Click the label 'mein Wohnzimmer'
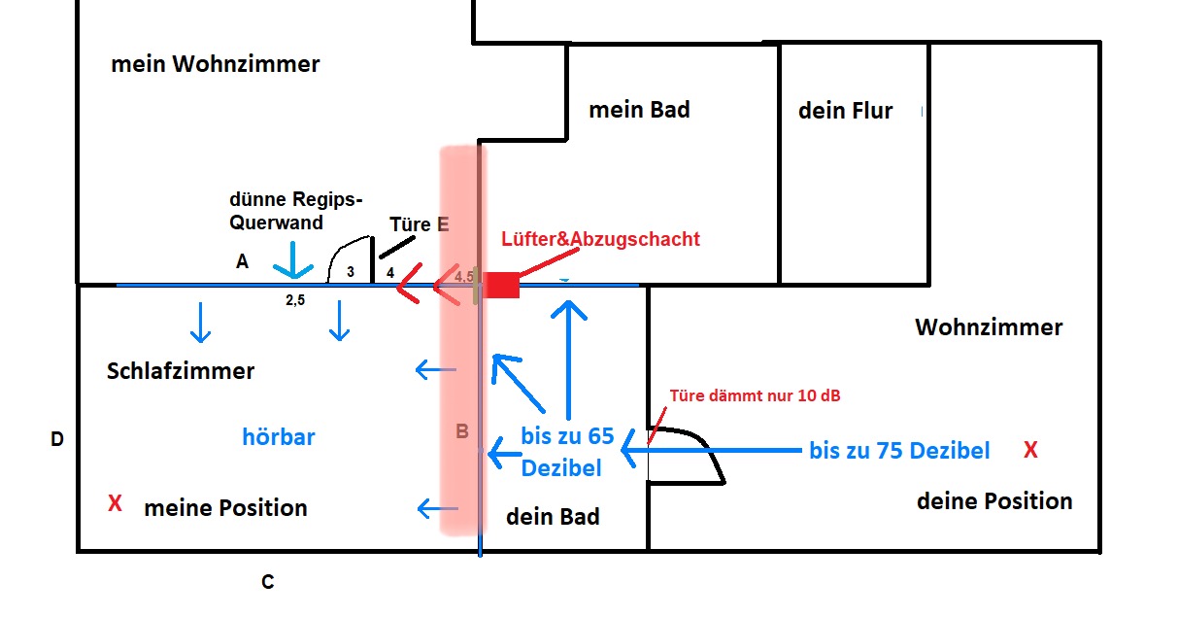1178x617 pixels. [x=216, y=65]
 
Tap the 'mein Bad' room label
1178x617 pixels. [x=639, y=109]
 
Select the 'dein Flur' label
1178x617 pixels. [x=845, y=110]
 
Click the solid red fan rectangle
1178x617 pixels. [x=503, y=285]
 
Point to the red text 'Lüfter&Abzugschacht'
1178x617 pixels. [x=600, y=239]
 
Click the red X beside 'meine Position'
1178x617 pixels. [x=115, y=503]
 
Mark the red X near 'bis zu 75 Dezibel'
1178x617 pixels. [x=1031, y=450]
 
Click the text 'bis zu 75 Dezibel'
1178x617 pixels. [x=899, y=451]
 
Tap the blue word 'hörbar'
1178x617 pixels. [x=279, y=437]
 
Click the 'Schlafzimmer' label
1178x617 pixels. [x=181, y=371]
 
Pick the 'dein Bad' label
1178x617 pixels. [x=553, y=517]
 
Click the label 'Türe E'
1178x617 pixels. [x=419, y=224]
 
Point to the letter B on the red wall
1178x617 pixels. [x=463, y=430]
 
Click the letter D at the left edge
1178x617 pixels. [x=57, y=440]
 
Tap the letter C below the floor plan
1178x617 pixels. [x=267, y=582]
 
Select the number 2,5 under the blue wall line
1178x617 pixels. [x=295, y=301]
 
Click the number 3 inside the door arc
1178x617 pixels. [x=352, y=271]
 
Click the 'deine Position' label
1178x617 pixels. [x=994, y=501]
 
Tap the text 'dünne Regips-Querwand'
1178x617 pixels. [x=296, y=210]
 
